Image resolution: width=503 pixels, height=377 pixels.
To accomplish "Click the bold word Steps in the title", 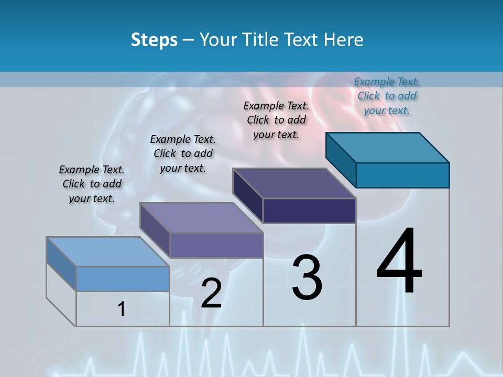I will point(154,40).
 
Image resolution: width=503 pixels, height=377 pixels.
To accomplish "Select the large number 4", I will point(399,261).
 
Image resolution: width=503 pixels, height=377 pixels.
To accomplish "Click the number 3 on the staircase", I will point(307,278).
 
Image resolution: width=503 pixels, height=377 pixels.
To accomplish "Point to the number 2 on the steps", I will point(211,293).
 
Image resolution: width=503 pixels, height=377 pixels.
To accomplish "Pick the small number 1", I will point(122,309).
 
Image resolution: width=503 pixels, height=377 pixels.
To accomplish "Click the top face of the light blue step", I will point(108,251).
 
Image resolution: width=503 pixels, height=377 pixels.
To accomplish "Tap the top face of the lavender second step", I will point(201,218).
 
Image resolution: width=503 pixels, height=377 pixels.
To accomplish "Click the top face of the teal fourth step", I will point(388,148).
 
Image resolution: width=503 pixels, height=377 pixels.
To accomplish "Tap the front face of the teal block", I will point(402,175).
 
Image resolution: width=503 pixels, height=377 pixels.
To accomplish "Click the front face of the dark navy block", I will point(309,210).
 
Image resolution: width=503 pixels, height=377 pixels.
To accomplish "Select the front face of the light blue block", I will point(123,279).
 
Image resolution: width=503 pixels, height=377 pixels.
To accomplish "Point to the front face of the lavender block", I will point(216,245).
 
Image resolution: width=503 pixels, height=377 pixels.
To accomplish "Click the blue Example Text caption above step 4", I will point(387,96).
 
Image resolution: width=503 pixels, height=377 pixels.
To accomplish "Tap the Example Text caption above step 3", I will point(276,120).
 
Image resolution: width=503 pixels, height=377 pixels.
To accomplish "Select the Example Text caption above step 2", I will point(183,153).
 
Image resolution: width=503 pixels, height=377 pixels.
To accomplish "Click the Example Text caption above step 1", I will point(92,184).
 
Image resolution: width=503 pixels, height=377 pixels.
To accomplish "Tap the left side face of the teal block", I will point(341,160).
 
